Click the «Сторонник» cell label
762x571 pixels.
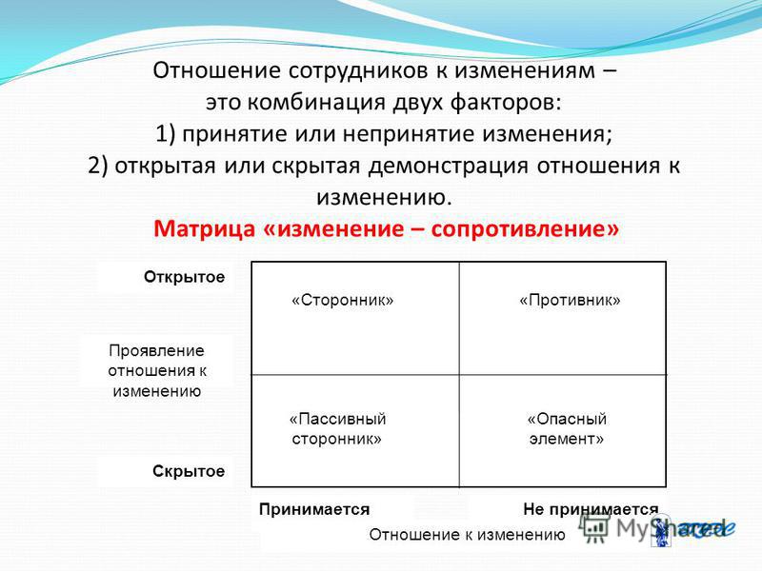coord(343,300)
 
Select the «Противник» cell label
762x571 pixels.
coord(570,300)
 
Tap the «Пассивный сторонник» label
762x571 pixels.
coord(337,429)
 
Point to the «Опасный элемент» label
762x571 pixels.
coord(567,429)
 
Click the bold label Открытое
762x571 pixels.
coord(184,277)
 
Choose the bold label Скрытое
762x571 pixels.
coord(189,471)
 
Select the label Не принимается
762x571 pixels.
coord(591,509)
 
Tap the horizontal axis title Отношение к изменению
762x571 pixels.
coord(467,535)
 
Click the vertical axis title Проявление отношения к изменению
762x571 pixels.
coord(157,371)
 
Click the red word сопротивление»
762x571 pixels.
coord(526,228)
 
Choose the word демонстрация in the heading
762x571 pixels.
coord(448,166)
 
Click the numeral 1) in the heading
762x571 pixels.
coord(165,134)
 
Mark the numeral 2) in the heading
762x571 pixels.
coord(98,166)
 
